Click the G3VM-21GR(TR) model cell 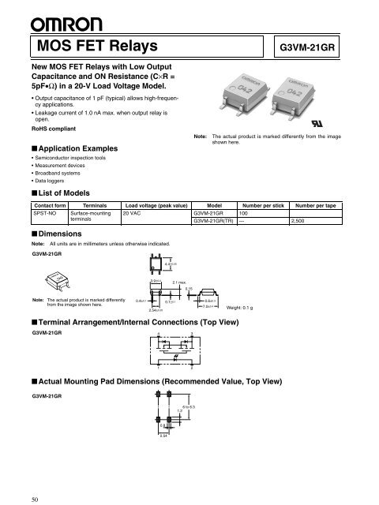[x=216, y=222]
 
